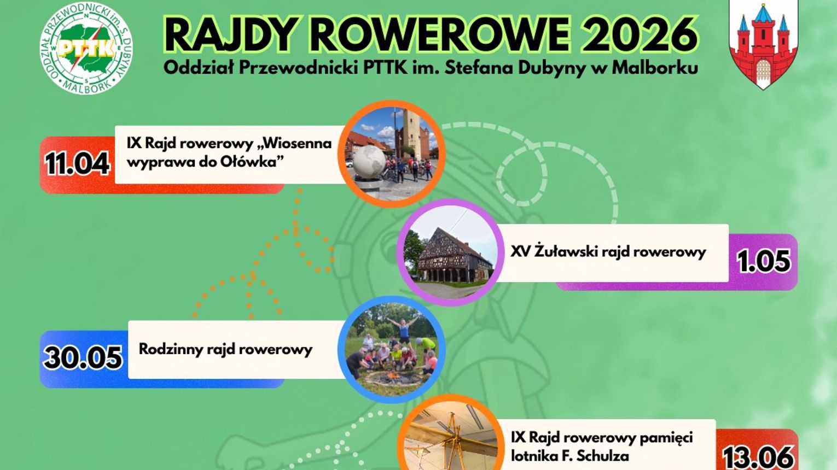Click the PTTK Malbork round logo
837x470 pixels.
(86, 48)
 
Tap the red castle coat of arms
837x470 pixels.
(763, 45)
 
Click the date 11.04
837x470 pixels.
(77, 163)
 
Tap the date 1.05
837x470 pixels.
(764, 261)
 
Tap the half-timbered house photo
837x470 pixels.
(450, 252)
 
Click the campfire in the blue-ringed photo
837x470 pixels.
(392, 377)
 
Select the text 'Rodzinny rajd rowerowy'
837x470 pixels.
(225, 350)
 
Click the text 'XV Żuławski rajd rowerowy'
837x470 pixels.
(608, 251)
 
